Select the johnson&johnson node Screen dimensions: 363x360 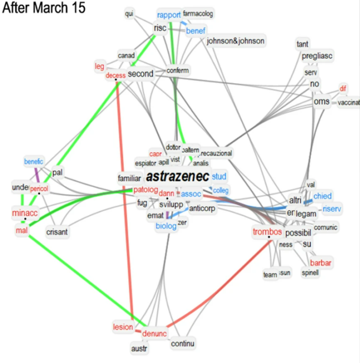point(235,41)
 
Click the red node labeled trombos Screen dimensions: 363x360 point(267,231)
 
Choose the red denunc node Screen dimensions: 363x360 point(154,333)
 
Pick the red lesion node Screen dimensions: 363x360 point(123,327)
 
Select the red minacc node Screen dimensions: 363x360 point(25,212)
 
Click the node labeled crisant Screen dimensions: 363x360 point(57,232)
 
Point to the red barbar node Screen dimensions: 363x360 point(322,263)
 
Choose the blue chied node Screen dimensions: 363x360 point(322,196)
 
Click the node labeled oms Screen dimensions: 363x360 point(321,101)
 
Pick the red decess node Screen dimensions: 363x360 point(115,76)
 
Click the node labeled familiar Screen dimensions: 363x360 point(129,178)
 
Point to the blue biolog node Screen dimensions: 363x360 point(166,226)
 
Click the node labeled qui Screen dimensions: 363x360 point(129,14)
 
